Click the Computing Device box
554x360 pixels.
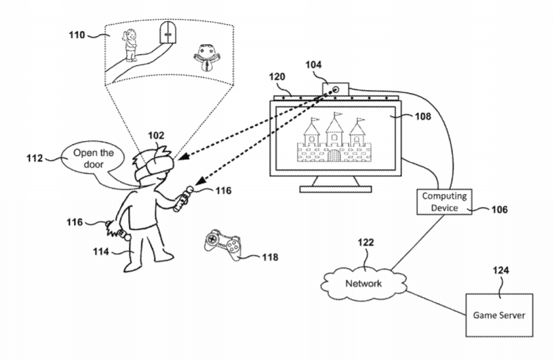click(446, 201)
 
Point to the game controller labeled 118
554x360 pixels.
click(223, 244)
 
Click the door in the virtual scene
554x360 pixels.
click(167, 31)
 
